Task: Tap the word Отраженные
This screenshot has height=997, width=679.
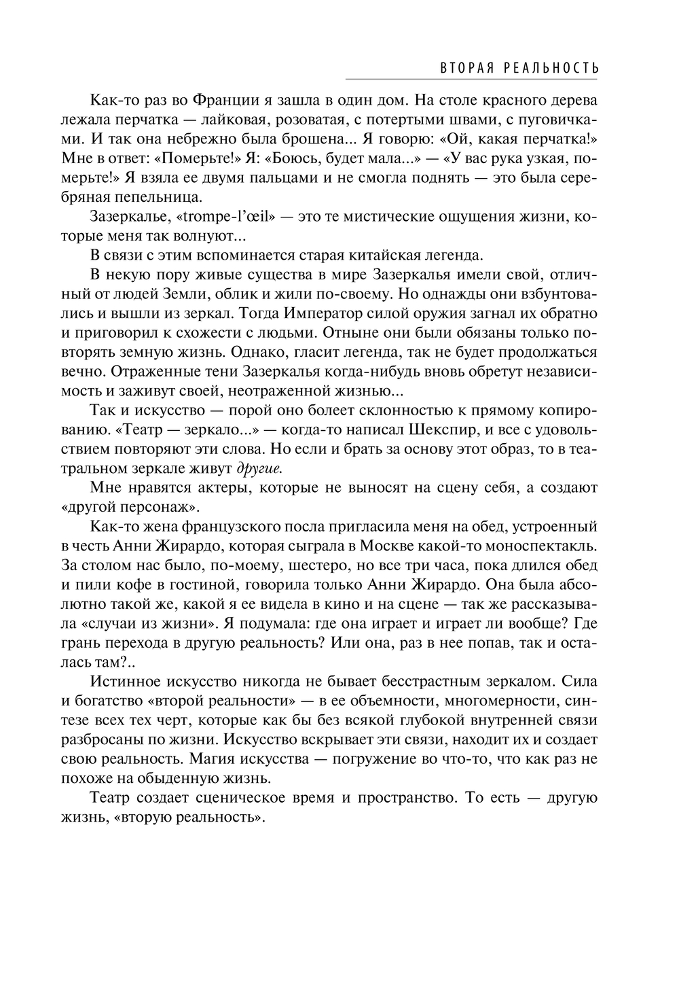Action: tap(147, 372)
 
